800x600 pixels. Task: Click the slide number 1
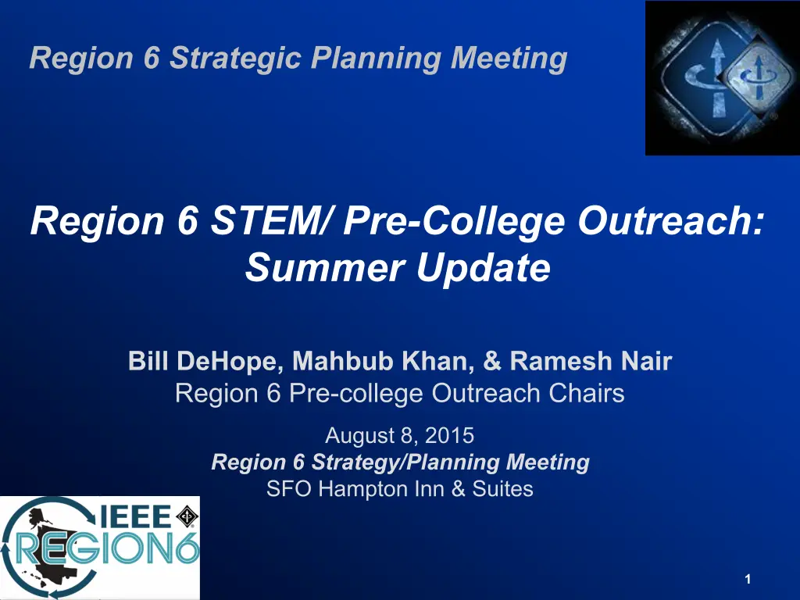(x=748, y=579)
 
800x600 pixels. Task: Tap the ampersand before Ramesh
(x=492, y=361)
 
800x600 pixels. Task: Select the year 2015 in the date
(x=449, y=436)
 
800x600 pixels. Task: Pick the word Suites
(x=502, y=489)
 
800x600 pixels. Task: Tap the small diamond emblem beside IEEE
(x=187, y=516)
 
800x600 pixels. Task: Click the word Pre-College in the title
(x=454, y=222)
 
